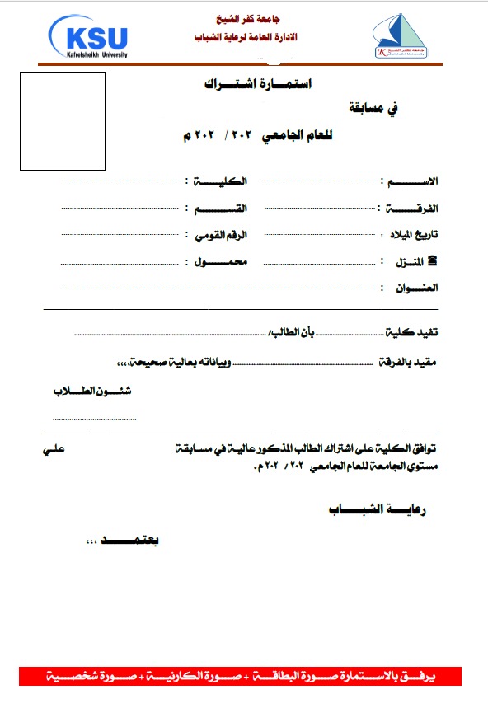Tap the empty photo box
click(63, 121)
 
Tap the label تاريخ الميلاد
click(414, 235)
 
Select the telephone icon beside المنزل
click(434, 261)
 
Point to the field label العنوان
click(416, 288)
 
